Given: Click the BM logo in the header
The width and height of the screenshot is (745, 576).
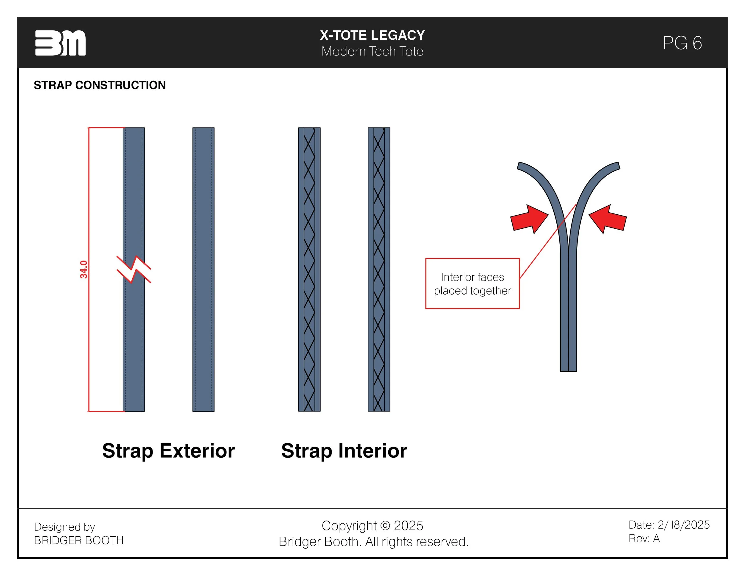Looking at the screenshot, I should click(60, 43).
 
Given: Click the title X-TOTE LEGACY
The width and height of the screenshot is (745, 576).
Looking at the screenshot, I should click(372, 35).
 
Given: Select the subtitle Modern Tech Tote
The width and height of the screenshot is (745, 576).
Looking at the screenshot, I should click(372, 51).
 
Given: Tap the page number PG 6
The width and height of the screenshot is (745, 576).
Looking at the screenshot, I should click(682, 43).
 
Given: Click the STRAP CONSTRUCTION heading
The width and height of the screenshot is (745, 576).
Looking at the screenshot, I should click(100, 85).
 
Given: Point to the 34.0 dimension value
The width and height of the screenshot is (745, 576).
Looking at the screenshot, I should click(83, 269).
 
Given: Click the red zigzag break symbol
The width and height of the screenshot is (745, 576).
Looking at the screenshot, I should click(134, 269).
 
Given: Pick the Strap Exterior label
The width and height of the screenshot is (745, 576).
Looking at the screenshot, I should click(168, 450).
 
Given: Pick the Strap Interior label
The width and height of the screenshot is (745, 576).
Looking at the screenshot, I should click(344, 450).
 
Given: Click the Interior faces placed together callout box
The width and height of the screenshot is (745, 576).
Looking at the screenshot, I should click(472, 284).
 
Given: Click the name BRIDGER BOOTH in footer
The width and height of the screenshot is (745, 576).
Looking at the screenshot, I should click(79, 540).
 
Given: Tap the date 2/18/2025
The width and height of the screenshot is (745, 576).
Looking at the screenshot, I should click(683, 524).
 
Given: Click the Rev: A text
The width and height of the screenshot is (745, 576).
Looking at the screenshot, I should click(644, 538).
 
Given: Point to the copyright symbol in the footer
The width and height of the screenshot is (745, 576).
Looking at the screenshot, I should click(385, 526).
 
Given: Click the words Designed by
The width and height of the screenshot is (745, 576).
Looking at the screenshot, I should click(64, 527).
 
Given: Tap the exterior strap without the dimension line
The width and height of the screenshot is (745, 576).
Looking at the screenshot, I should click(203, 269).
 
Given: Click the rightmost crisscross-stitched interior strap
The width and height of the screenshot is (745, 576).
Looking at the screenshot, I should click(379, 269).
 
